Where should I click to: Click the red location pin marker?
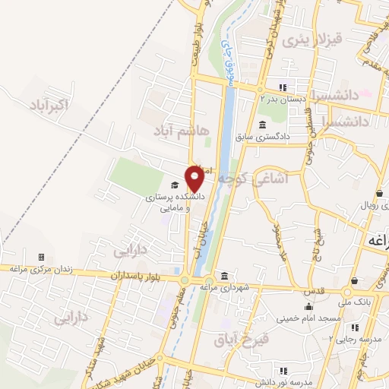click(194, 179)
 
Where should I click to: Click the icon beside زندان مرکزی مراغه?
click(41, 258)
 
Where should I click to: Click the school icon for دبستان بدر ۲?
click(283, 86)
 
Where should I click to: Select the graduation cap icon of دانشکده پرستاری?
click(175, 185)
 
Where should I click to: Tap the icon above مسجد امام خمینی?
click(308, 307)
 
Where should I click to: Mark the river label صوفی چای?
click(226, 61)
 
